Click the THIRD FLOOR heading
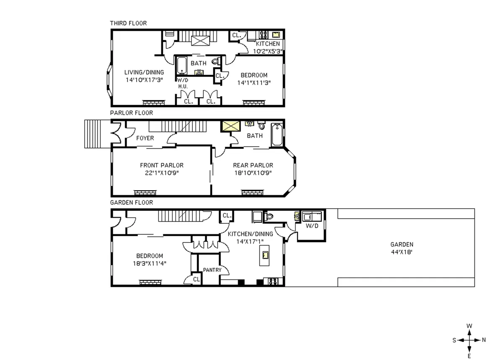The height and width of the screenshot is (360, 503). click(128, 23)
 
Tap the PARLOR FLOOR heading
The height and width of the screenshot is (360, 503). click(131, 113)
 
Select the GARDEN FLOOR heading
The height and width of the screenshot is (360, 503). click(131, 202)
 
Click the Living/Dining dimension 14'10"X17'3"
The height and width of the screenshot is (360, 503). click(144, 79)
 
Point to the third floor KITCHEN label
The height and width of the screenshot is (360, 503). click(268, 44)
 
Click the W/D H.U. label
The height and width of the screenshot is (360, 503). click(182, 83)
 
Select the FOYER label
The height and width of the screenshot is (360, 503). click(145, 138)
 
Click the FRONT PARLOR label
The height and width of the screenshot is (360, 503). click(162, 165)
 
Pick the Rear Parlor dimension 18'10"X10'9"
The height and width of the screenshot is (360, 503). click(253, 172)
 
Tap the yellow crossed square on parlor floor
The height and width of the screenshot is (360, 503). click(230, 127)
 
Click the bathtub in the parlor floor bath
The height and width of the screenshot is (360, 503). click(277, 135)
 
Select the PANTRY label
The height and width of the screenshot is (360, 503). click(212, 270)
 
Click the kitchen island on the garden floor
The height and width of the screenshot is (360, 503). click(265, 256)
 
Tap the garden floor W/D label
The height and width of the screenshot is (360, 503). click(312, 225)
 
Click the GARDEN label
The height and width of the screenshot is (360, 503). click(402, 244)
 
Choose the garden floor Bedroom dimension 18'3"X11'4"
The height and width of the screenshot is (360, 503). click(149, 264)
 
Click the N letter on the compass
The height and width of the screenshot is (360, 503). click(483, 340)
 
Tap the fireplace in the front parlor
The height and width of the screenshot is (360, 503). click(145, 192)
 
